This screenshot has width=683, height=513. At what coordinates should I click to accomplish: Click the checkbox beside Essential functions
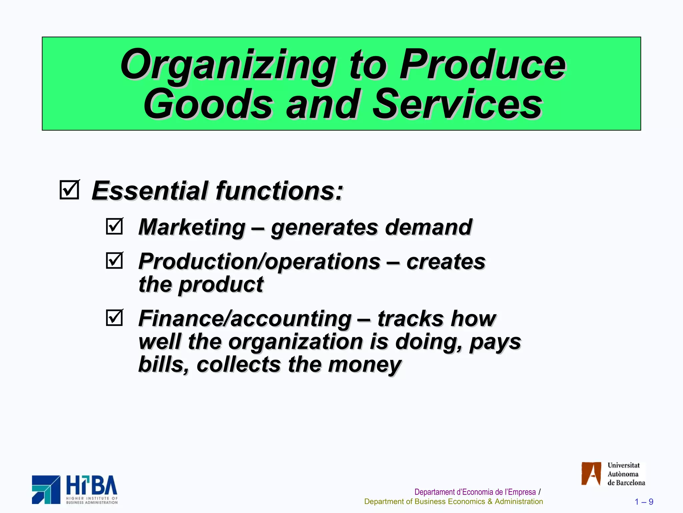(69, 190)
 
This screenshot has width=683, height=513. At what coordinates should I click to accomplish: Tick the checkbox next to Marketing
(114, 226)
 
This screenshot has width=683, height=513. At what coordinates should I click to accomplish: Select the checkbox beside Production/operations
(114, 261)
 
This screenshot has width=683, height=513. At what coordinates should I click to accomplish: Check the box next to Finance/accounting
(114, 318)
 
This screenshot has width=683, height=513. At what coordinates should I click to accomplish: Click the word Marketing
(192, 227)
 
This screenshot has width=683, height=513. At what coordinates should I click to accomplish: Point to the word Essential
(149, 191)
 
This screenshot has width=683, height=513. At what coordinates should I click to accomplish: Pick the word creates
(446, 262)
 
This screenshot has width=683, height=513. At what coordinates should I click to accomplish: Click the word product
(221, 285)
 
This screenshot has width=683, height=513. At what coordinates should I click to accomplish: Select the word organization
(296, 342)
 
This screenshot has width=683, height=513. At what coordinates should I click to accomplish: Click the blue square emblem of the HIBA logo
(46, 490)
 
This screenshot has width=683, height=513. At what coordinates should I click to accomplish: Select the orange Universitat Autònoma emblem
(591, 474)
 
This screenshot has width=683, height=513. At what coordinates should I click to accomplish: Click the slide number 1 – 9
(644, 502)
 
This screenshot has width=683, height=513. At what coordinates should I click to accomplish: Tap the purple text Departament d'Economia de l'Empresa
(475, 492)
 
